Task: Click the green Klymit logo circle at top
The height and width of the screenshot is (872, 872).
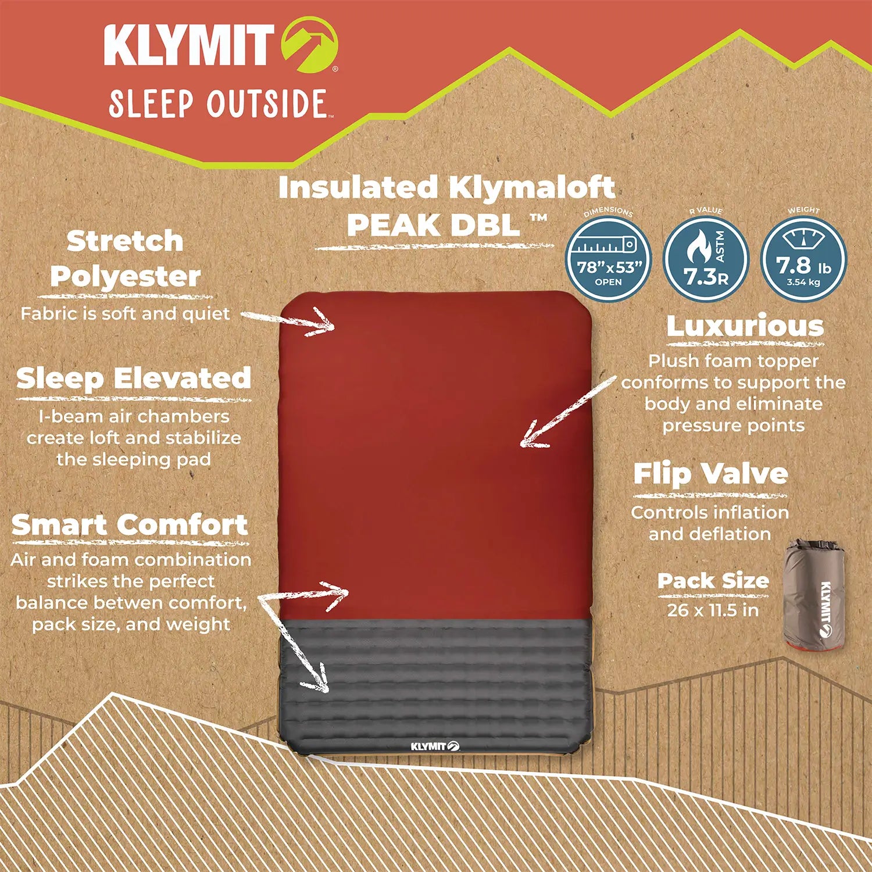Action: coord(309,46)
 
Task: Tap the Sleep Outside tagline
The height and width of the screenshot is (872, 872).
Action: coord(217,103)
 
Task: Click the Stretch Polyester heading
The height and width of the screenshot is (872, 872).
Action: coord(125,258)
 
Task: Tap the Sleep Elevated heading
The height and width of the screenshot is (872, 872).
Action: coord(134,378)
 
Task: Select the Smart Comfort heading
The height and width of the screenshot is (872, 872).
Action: coord(130,525)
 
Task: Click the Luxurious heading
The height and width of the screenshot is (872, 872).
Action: coord(745,326)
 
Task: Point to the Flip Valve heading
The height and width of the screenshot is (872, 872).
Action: coord(710,474)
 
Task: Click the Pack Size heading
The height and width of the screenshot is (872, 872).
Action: coord(713,581)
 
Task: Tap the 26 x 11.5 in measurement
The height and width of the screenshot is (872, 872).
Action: coord(713,610)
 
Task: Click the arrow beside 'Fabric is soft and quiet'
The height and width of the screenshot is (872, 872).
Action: coord(291,321)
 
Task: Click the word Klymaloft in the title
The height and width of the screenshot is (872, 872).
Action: coord(531,187)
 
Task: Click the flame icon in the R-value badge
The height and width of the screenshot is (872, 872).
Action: coord(696,249)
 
